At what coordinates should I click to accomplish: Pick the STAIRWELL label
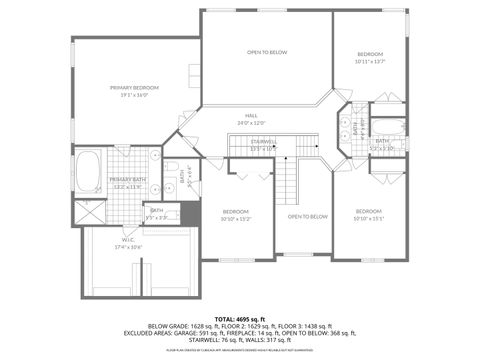point(264,141)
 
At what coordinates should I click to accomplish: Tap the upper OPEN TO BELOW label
point(267,52)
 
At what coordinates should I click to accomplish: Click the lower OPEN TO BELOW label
point(307,216)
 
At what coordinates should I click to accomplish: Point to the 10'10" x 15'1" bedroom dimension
point(369,219)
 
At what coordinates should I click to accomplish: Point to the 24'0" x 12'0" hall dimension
point(267,123)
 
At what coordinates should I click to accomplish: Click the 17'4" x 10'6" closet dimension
point(128,247)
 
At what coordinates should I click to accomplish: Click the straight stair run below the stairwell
point(287,184)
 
